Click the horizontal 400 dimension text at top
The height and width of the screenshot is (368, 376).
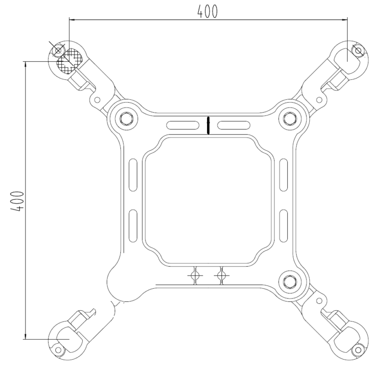click(x=208, y=11)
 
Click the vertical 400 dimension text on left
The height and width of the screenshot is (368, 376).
click(x=18, y=201)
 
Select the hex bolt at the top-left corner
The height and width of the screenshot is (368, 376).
click(x=124, y=117)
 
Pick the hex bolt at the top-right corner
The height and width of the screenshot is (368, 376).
click(x=288, y=117)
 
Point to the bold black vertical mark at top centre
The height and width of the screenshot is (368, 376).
click(x=208, y=125)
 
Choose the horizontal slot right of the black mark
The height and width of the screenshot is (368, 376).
click(x=234, y=125)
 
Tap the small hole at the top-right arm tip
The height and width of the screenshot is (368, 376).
click(x=358, y=49)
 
